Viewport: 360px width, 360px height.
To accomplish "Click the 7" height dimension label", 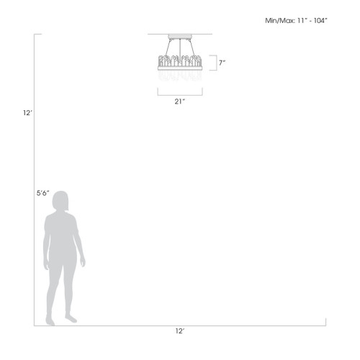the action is (222, 63).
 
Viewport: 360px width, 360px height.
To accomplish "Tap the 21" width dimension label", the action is (180, 102).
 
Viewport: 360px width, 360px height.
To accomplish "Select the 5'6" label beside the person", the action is (42, 193).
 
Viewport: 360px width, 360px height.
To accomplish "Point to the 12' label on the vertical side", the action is (27, 113).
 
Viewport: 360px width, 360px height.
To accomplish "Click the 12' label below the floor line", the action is (180, 331).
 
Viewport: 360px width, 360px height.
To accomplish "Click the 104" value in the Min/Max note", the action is (320, 21).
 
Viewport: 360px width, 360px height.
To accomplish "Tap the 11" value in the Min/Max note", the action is (302, 21).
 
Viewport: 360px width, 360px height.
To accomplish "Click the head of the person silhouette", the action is (61, 201).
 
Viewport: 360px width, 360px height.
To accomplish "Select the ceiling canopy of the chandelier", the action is (180, 37).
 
